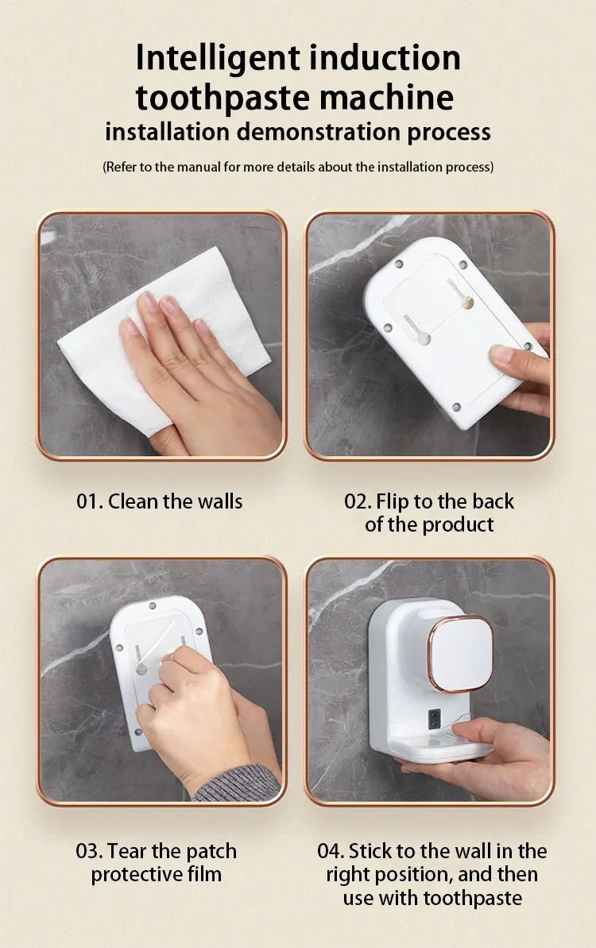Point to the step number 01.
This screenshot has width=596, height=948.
point(88,501)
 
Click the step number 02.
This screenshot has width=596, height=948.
point(357,501)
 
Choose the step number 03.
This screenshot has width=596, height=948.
point(87,851)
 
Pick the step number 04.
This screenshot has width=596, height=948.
point(330,851)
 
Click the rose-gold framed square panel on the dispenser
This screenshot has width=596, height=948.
point(460,653)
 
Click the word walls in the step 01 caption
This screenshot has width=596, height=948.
point(220,501)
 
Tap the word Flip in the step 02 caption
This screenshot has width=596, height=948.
point(392,501)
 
